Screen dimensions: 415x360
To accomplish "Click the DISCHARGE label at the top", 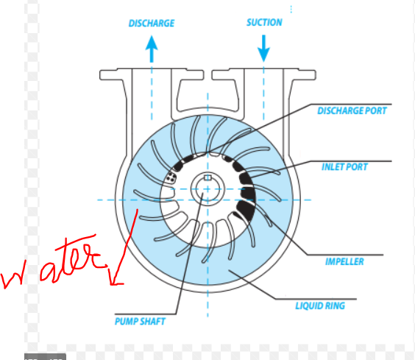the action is click(x=152, y=24).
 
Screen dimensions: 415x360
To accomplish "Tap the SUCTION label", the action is click(x=264, y=23).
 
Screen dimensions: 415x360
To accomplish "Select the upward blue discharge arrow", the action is click(x=152, y=49).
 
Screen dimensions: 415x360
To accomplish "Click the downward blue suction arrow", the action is click(x=263, y=49).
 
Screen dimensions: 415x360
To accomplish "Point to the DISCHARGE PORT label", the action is click(x=352, y=110).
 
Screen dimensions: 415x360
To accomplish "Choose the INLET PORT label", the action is click(x=344, y=167).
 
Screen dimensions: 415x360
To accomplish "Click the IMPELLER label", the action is click(x=344, y=262).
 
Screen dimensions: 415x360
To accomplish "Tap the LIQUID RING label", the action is click(x=320, y=306).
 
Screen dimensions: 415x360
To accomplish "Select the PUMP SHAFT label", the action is click(x=140, y=322).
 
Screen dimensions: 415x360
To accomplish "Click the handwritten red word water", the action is click(x=53, y=262).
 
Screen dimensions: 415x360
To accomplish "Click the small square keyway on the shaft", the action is click(x=207, y=177).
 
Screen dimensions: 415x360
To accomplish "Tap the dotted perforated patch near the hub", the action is click(x=171, y=177).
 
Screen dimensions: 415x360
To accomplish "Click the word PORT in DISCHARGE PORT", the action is click(x=376, y=110).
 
